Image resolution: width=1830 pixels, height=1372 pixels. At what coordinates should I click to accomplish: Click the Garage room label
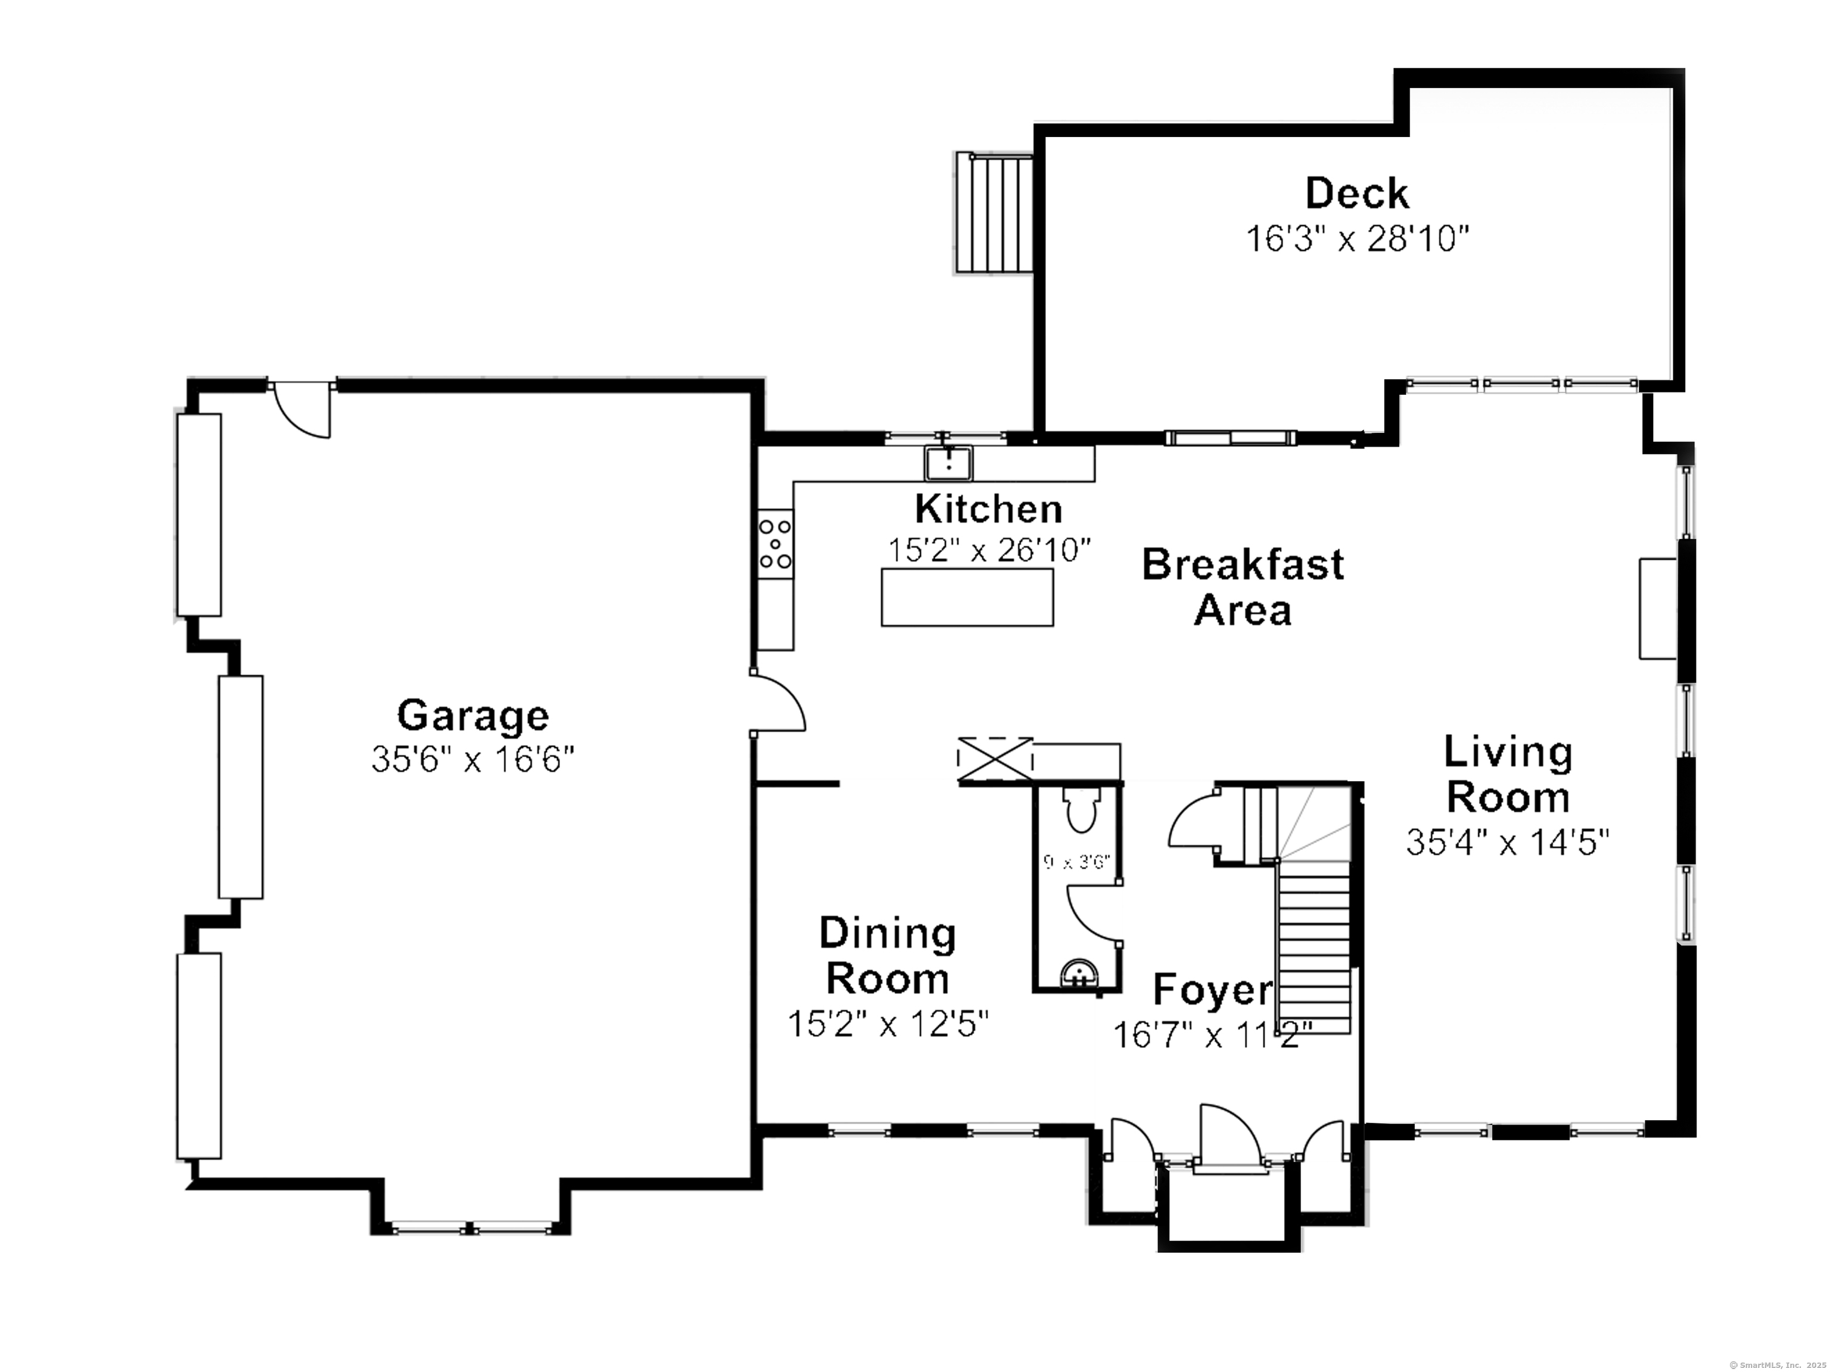coord(472,715)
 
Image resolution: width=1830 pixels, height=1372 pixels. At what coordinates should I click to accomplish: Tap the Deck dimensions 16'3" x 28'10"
coord(1357,239)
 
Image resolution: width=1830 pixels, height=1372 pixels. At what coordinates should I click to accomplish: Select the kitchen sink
coord(948,463)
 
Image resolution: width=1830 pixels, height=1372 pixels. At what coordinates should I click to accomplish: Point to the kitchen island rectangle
coord(966,597)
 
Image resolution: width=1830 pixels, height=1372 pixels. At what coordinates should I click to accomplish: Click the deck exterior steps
coord(994,213)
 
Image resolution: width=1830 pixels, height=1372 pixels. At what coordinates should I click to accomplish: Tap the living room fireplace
coord(1658,609)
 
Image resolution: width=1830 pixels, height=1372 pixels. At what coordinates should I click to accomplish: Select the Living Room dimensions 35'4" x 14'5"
coord(1507,843)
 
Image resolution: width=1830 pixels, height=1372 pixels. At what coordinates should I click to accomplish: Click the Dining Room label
coord(887,956)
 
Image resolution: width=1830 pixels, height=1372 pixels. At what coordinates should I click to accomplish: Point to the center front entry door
coord(1230,1138)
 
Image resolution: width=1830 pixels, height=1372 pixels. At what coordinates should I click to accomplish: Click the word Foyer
coord(1212,989)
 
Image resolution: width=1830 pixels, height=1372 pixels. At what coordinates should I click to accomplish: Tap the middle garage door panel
coord(241,787)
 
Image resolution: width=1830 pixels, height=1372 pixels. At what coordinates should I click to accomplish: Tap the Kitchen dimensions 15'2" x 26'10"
coord(989,550)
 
